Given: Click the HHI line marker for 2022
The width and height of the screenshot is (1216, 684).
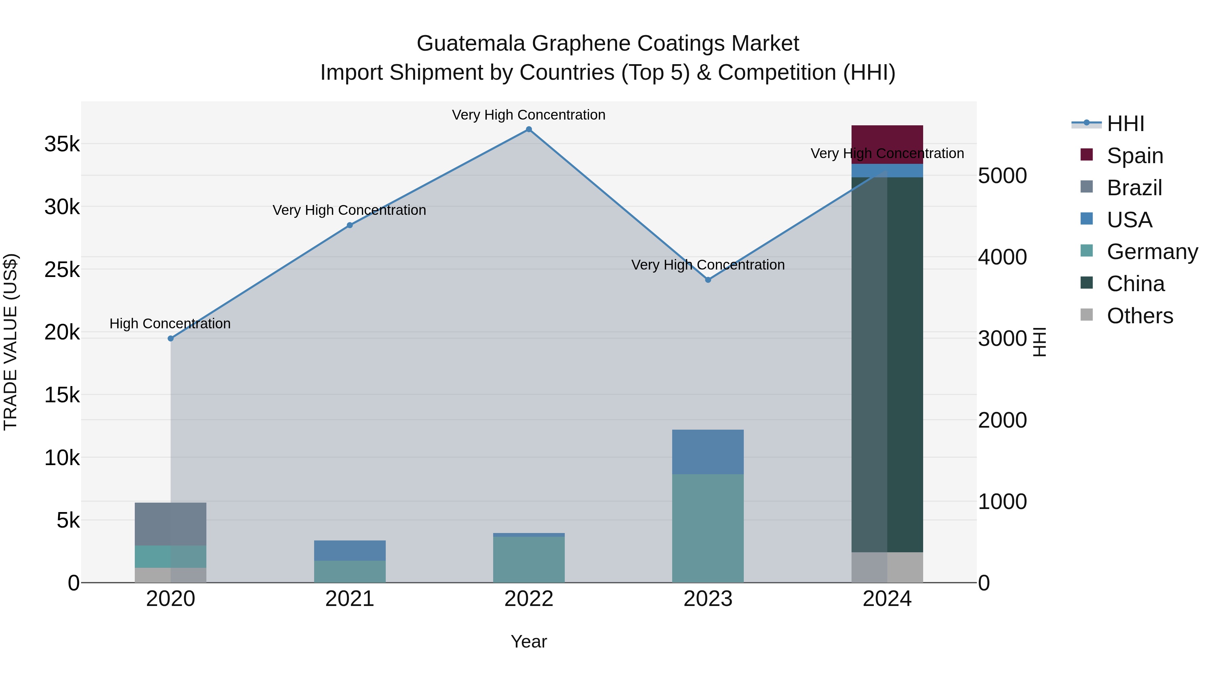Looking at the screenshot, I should point(529,129).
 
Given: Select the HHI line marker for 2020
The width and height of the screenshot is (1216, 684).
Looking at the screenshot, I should point(171,338).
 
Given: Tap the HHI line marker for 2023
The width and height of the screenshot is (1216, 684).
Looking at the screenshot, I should point(708,280).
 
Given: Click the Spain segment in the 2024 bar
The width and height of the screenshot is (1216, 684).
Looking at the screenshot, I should point(887,144).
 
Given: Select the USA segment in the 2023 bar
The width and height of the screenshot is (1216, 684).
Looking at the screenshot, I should point(708,452).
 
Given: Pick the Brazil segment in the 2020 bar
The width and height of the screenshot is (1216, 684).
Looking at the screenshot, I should point(171,524).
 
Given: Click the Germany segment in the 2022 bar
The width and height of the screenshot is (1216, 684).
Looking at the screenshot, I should point(529,559).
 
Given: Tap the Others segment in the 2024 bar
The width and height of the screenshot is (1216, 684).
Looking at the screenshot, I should point(887,567).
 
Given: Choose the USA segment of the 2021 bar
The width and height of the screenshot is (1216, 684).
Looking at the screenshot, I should point(350,551).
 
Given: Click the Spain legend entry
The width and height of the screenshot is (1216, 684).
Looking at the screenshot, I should point(1134,155).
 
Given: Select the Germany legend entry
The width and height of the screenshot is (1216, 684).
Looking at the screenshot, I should point(1152,252).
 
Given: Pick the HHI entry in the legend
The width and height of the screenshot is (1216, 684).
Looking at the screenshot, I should point(1125,124).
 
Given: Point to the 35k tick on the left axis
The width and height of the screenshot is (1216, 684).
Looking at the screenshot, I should point(62,144).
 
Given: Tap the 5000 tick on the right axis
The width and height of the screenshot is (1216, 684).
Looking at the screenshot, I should point(1002,176).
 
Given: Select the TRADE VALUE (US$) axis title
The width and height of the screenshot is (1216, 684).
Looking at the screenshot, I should point(10,342).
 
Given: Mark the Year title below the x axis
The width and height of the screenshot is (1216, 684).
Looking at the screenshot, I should point(529,641).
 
